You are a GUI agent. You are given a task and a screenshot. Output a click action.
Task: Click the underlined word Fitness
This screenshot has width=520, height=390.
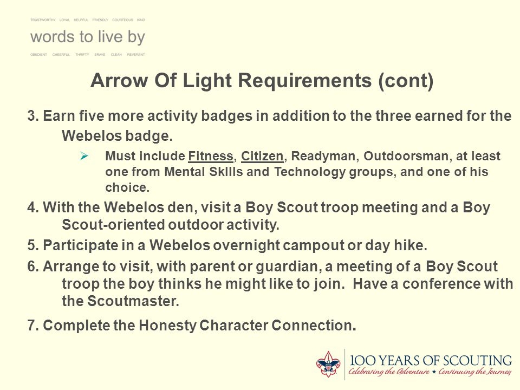pos(211,157)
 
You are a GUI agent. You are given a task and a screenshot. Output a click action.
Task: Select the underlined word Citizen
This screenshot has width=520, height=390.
pos(263,157)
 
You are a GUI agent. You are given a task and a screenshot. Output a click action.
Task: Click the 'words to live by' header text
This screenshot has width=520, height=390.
pos(87,37)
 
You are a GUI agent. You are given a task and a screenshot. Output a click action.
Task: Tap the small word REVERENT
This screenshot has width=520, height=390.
pos(136,55)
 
